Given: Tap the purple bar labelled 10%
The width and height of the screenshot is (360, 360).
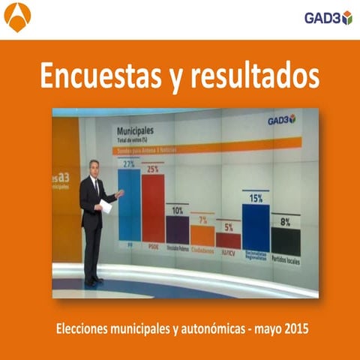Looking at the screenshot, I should point(177,229).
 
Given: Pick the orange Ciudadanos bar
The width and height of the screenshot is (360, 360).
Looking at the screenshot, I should point(202,235).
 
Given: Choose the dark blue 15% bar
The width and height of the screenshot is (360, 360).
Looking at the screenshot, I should point(256,227).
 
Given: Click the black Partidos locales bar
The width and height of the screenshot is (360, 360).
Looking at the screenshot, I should point(285,241).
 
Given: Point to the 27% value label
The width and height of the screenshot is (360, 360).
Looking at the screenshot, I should point(128,163).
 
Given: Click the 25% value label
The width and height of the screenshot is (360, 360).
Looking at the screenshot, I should point(153,169).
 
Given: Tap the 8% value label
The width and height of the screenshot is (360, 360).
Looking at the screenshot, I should point(285,222).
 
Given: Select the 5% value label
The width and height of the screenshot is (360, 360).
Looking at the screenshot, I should point(228,227).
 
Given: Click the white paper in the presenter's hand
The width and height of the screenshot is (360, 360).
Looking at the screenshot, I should point(106,206).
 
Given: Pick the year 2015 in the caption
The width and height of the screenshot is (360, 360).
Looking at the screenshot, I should point(295,329).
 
